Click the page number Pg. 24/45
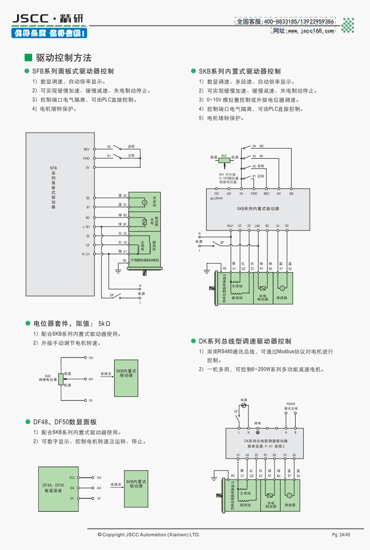click(x=340, y=534)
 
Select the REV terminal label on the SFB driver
click(x=86, y=149)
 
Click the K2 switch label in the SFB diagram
click(x=109, y=147)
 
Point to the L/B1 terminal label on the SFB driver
click(x=86, y=227)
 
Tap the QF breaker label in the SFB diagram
click(x=111, y=295)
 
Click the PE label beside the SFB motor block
click(x=125, y=261)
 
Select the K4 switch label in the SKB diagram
click(x=254, y=146)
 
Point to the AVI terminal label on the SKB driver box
click(x=229, y=193)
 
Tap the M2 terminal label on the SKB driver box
click(x=292, y=193)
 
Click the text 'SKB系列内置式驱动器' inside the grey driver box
click(x=258, y=208)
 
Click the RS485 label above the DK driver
click(x=291, y=404)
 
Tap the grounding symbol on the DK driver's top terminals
click(x=258, y=432)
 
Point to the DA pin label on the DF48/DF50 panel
click(x=72, y=488)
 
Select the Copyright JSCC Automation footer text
click(x=149, y=534)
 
